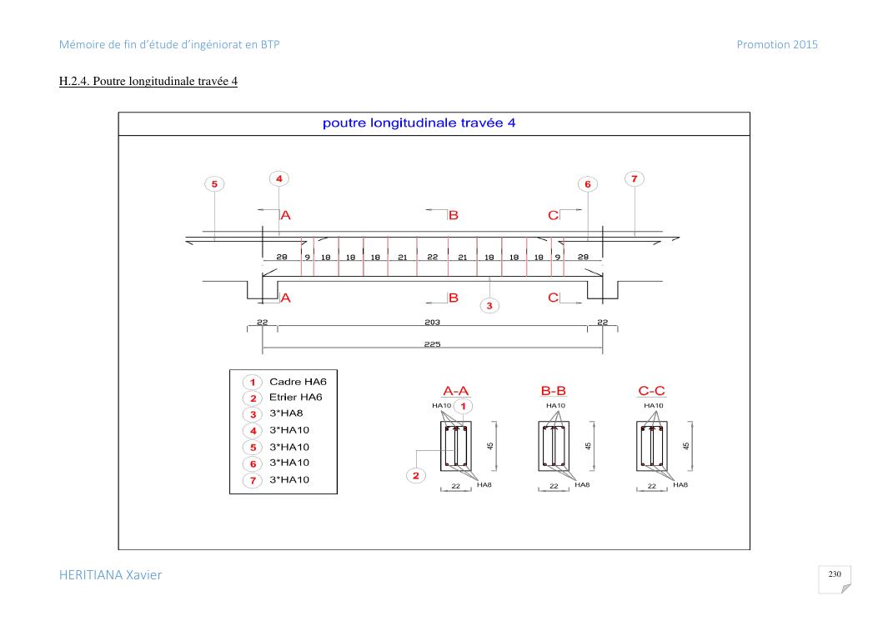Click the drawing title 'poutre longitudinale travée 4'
(419, 123)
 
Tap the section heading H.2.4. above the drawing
(148, 81)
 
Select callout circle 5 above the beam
(214, 183)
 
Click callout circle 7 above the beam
(635, 178)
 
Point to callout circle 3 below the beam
(489, 305)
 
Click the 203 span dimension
(432, 322)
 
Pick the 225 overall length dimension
(432, 343)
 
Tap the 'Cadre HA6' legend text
(298, 382)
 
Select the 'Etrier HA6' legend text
(296, 397)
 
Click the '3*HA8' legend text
(286, 413)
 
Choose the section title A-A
(456, 391)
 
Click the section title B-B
(553, 391)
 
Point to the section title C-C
(651, 391)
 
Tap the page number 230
(835, 574)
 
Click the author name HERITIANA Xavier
(110, 575)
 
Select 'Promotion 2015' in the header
(777, 45)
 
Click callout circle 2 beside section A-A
(415, 475)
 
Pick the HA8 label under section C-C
(680, 485)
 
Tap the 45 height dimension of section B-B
(588, 446)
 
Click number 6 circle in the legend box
(253, 463)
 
